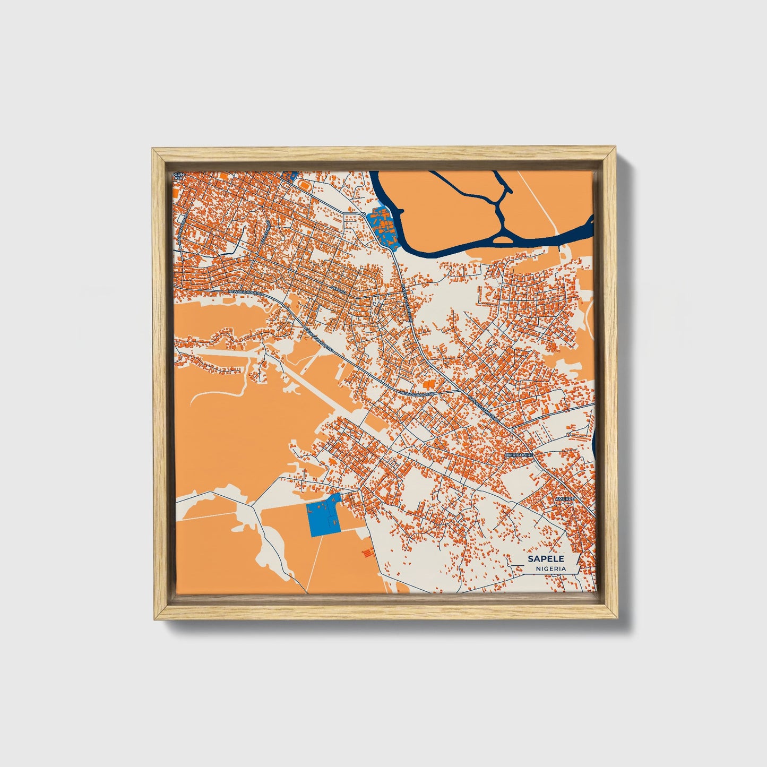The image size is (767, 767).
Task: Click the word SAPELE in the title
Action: pos(545,559)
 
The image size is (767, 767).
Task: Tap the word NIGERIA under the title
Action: pos(550,568)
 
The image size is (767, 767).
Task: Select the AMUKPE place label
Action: pos(565,499)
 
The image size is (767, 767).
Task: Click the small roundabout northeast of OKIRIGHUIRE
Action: pos(567,435)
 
